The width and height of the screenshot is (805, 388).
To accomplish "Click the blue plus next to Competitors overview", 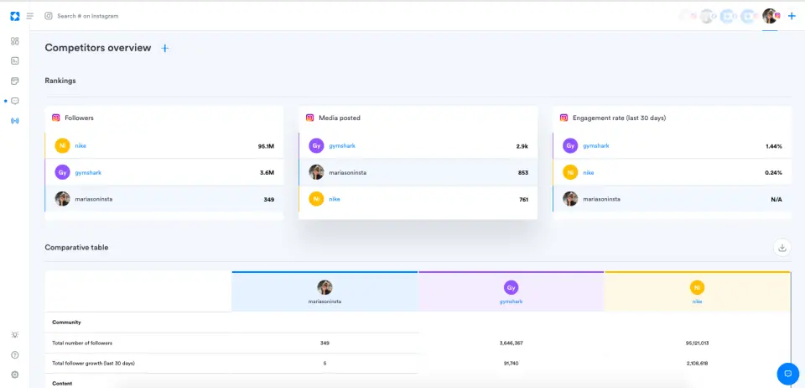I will tap(164, 49).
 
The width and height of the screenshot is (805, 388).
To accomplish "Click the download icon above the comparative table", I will tap(782, 247).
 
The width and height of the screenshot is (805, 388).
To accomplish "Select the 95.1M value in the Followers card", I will tap(266, 146).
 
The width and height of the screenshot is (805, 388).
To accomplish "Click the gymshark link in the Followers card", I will tap(88, 173).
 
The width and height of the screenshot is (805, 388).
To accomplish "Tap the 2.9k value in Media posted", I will tap(522, 146).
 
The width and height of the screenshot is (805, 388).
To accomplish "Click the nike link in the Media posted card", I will tap(335, 199).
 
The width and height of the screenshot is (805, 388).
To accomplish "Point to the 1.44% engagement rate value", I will tap(773, 146).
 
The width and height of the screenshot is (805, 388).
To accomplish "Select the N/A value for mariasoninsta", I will tap(776, 199).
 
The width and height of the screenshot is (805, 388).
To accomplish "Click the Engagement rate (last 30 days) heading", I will tap(619, 118).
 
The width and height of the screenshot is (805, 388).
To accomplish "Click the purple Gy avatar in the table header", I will tap(511, 287).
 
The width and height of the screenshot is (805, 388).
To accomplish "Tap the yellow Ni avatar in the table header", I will tap(697, 287).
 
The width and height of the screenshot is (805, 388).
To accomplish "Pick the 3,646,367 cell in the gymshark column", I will tap(511, 343).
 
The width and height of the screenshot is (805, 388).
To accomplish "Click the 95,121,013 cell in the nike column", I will tap(697, 343).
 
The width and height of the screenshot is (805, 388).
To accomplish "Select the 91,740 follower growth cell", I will tap(511, 363).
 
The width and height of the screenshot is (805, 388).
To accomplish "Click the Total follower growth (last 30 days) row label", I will tap(93, 363).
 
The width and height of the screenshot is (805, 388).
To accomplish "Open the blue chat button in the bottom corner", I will tap(787, 373).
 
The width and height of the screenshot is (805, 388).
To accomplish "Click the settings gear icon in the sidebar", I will tap(14, 375).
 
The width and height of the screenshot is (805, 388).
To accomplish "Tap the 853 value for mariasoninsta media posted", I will tap(522, 173).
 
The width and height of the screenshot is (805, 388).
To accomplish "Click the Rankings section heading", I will tap(60, 81).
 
